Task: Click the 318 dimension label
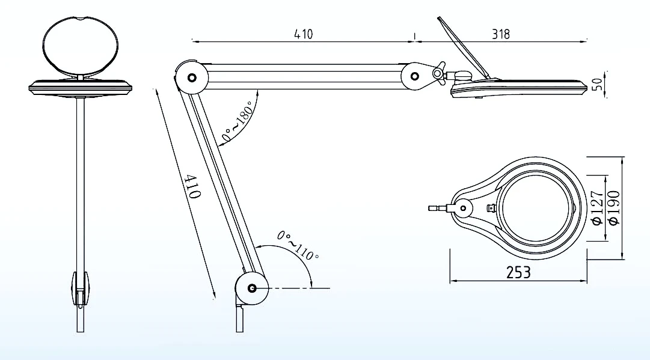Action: (501, 34)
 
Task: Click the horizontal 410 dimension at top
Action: (303, 34)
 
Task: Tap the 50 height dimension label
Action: (597, 84)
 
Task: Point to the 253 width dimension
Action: (518, 272)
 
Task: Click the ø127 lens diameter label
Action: (597, 208)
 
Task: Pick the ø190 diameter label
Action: (613, 208)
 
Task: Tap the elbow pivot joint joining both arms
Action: (192, 78)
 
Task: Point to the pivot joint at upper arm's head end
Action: (415, 76)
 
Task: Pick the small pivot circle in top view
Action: (464, 209)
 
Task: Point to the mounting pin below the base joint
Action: (240, 317)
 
